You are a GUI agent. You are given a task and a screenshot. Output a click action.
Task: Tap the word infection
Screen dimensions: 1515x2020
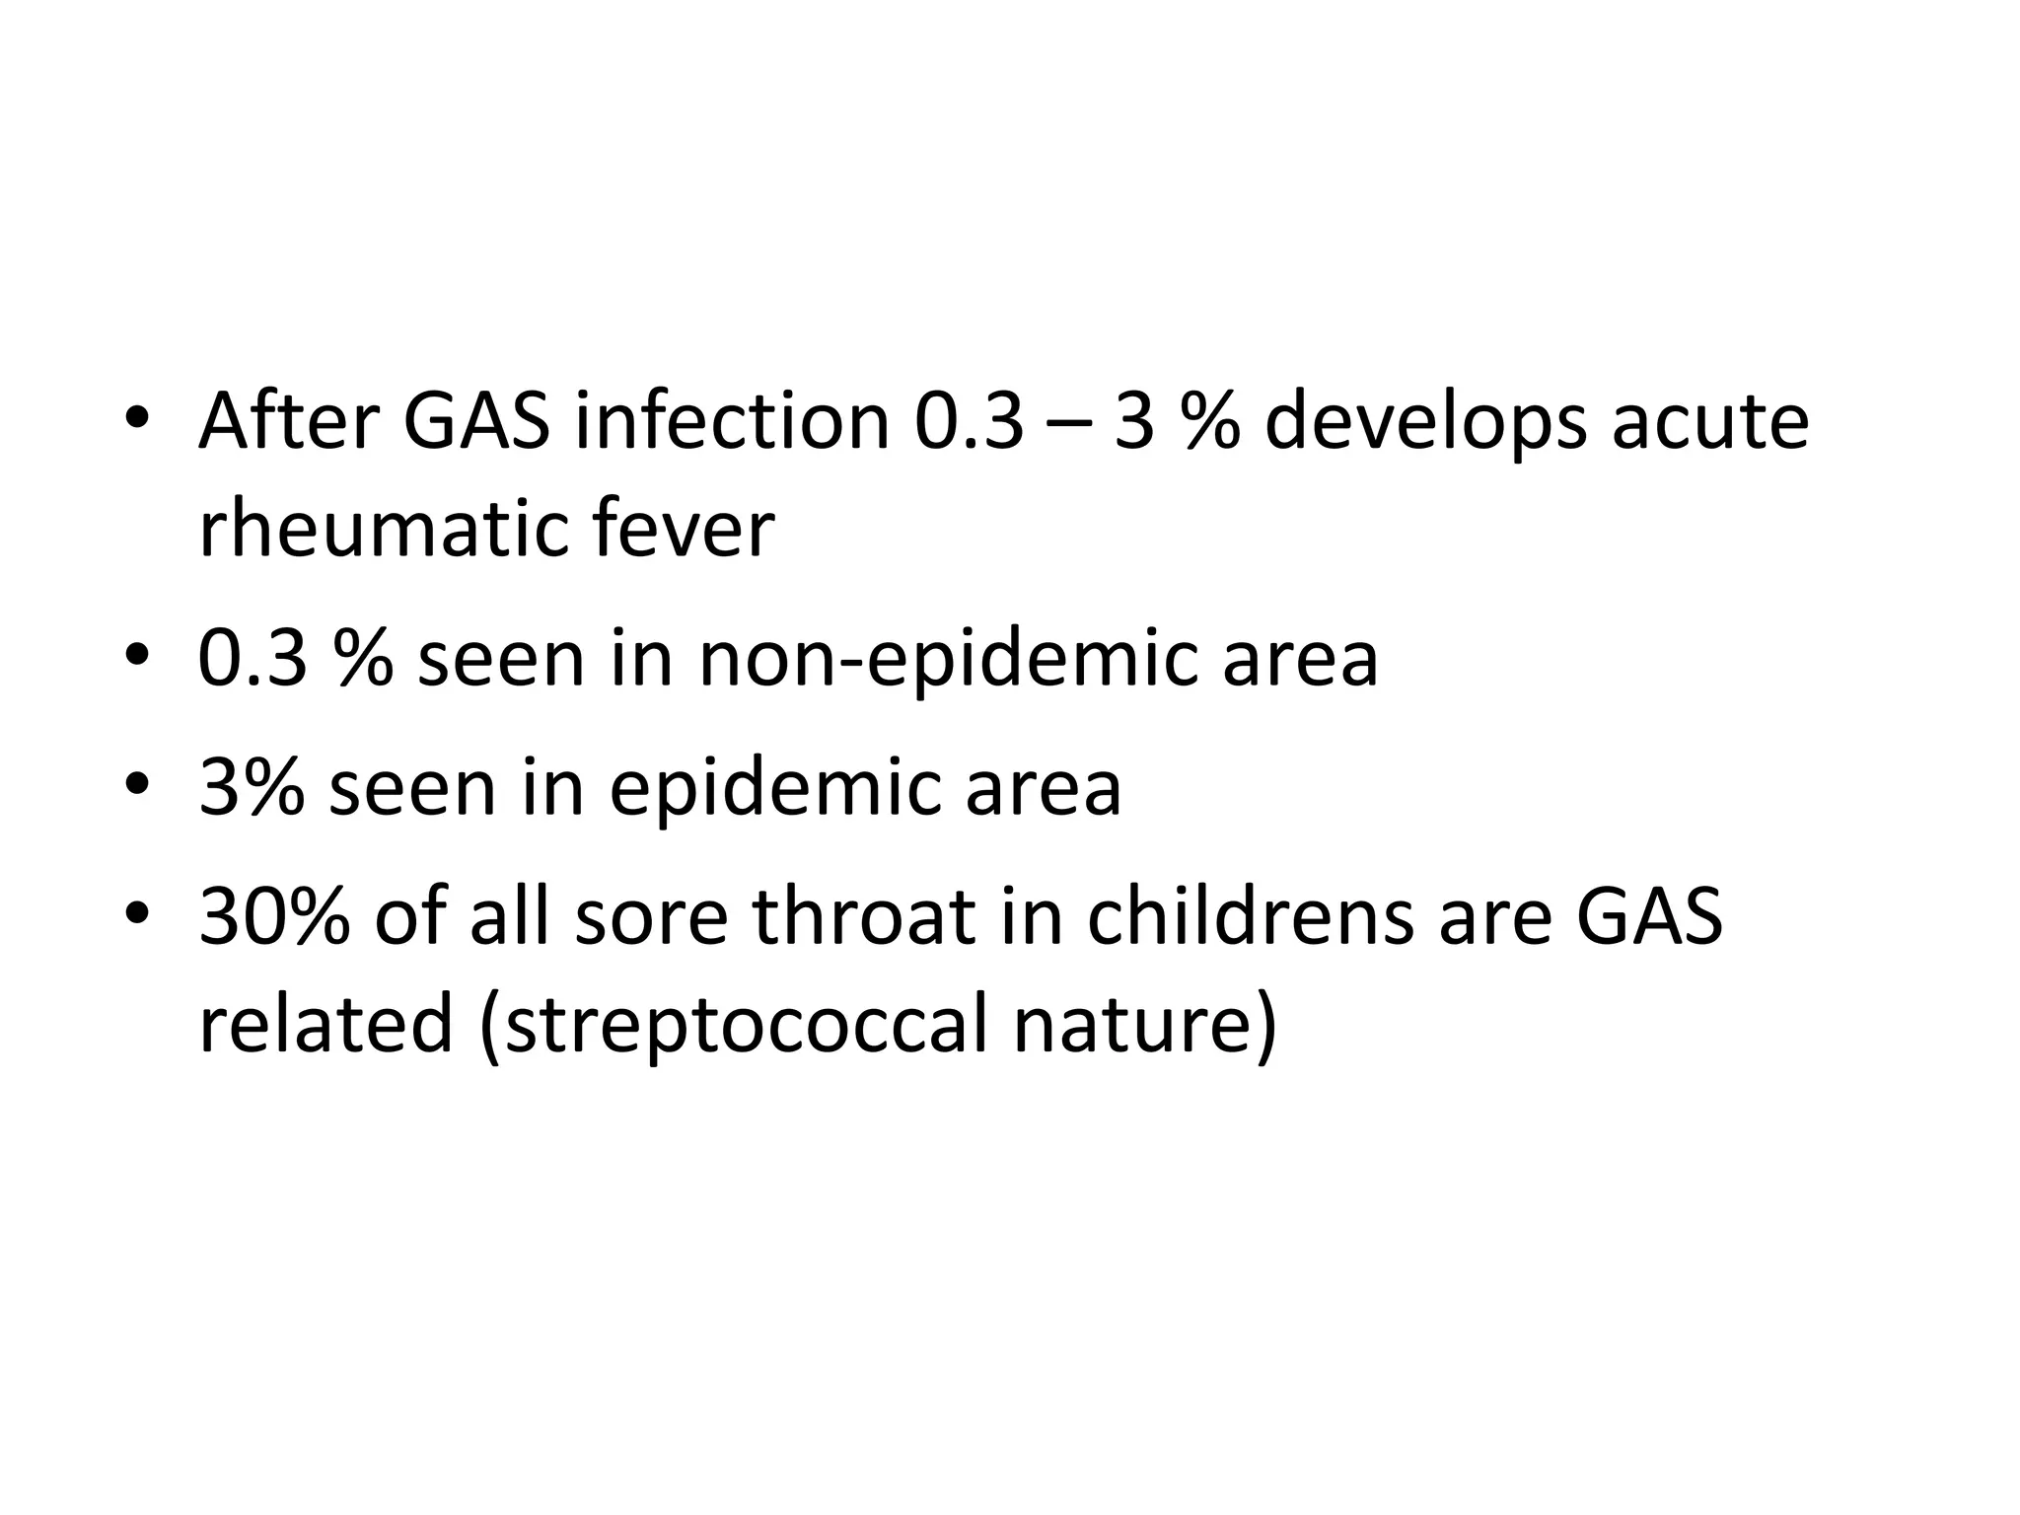pos(731,422)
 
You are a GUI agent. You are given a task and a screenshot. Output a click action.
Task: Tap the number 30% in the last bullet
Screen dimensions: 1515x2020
pos(275,915)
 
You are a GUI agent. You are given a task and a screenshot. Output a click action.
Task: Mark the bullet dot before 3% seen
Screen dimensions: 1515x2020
pos(137,787)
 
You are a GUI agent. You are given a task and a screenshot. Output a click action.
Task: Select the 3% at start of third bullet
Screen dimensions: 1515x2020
pos(251,787)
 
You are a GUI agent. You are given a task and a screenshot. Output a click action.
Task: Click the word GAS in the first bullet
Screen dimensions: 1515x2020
pos(475,422)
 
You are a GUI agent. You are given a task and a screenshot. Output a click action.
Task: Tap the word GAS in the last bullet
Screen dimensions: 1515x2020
pos(1649,915)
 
